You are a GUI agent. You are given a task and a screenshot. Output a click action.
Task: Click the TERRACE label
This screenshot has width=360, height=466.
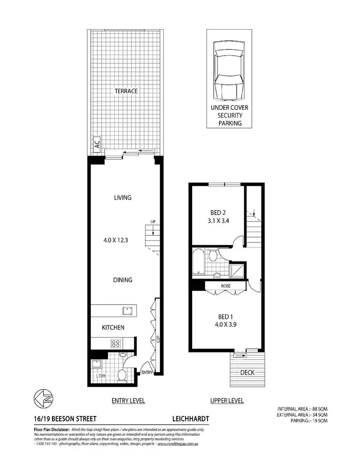point(126,91)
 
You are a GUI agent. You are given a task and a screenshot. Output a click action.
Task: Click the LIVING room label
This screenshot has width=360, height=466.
point(123,197)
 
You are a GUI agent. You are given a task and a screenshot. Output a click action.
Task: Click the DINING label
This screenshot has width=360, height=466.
point(123,280)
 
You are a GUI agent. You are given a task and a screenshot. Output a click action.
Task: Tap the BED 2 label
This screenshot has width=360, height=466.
point(218,212)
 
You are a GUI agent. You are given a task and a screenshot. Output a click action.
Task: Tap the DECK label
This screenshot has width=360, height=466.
point(248,372)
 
